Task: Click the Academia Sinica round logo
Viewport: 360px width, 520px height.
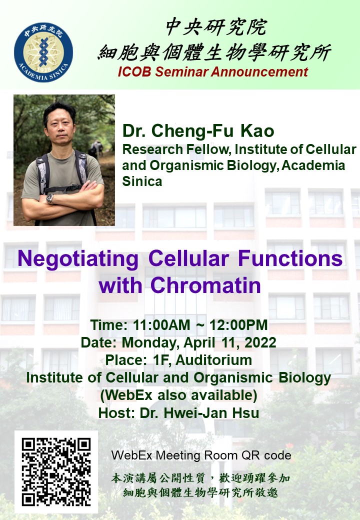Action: pyautogui.click(x=43, y=52)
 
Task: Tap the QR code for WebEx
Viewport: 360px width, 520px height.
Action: pyautogui.click(x=56, y=471)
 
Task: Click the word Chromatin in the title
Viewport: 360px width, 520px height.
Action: pyautogui.click(x=205, y=285)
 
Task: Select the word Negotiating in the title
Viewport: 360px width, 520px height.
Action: pyautogui.click(x=78, y=259)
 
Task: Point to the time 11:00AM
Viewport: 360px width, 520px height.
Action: pyautogui.click(x=161, y=325)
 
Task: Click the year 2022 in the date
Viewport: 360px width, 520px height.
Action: pyautogui.click(x=260, y=342)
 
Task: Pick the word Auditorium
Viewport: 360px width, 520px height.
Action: pyautogui.click(x=214, y=360)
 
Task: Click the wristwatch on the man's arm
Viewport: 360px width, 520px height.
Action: pyautogui.click(x=49, y=198)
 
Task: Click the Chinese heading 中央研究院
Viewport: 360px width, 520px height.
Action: pyautogui.click(x=216, y=27)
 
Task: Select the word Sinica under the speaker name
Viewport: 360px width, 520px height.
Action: pyautogui.click(x=142, y=181)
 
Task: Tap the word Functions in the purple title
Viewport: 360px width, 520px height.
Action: pyautogui.click(x=290, y=258)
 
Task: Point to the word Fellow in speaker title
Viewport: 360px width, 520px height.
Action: pyautogui.click(x=208, y=149)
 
